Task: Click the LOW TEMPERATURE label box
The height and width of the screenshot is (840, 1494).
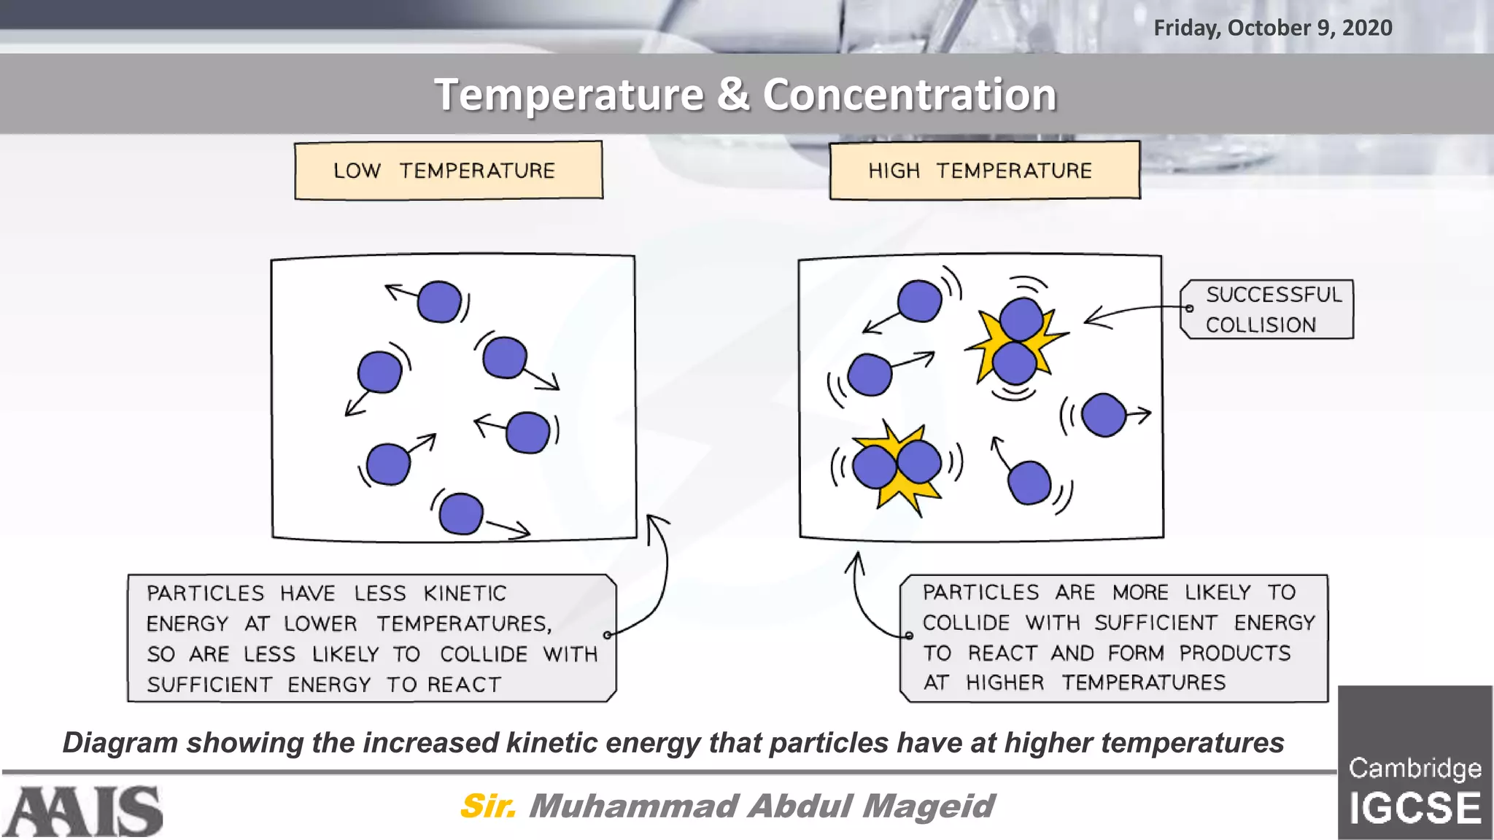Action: click(448, 170)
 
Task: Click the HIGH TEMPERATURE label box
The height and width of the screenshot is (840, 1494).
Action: click(984, 170)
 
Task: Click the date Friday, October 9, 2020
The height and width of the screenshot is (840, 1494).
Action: click(1272, 28)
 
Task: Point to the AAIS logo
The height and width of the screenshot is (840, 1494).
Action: click(82, 811)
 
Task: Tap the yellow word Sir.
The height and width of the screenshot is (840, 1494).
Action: click(487, 806)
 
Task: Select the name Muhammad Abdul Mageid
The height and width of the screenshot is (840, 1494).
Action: click(761, 806)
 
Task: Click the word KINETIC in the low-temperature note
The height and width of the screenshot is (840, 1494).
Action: click(465, 594)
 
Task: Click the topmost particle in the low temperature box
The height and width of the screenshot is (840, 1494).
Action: click(439, 301)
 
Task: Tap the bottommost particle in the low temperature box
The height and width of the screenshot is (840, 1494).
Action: click(461, 513)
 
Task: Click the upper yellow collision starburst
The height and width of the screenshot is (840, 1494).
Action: click(1015, 341)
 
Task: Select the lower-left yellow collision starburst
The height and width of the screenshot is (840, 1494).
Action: click(897, 467)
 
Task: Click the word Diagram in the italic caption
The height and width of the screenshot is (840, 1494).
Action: click(120, 742)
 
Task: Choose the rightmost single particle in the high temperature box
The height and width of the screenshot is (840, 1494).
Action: click(1104, 415)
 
